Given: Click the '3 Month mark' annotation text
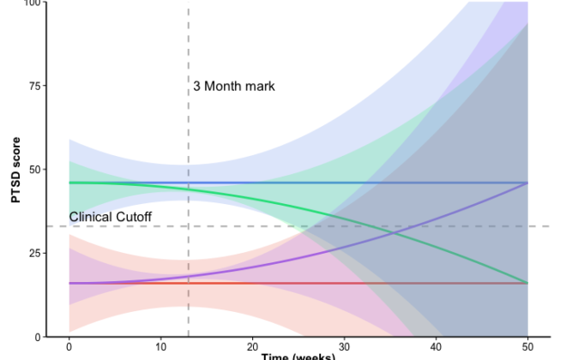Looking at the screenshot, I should click(233, 86).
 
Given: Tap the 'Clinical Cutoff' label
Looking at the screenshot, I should click(110, 218).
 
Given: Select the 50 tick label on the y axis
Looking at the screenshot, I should click(34, 169).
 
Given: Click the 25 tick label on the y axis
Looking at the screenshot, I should click(34, 253).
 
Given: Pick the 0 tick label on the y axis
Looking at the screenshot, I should click(38, 337).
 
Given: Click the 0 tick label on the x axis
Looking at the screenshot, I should click(69, 346).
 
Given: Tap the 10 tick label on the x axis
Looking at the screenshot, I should click(160, 346).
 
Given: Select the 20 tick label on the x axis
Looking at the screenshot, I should click(252, 346).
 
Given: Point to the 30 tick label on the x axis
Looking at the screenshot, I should click(344, 346).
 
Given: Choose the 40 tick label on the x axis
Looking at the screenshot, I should click(436, 346).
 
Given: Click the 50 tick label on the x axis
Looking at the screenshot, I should click(527, 346).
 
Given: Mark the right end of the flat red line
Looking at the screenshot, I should click(527, 283).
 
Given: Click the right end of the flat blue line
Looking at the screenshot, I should click(527, 183).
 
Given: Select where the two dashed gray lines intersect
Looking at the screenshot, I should click(188, 226).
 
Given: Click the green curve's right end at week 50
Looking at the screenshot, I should click(527, 283).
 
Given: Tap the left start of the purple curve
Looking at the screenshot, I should click(69, 283).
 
